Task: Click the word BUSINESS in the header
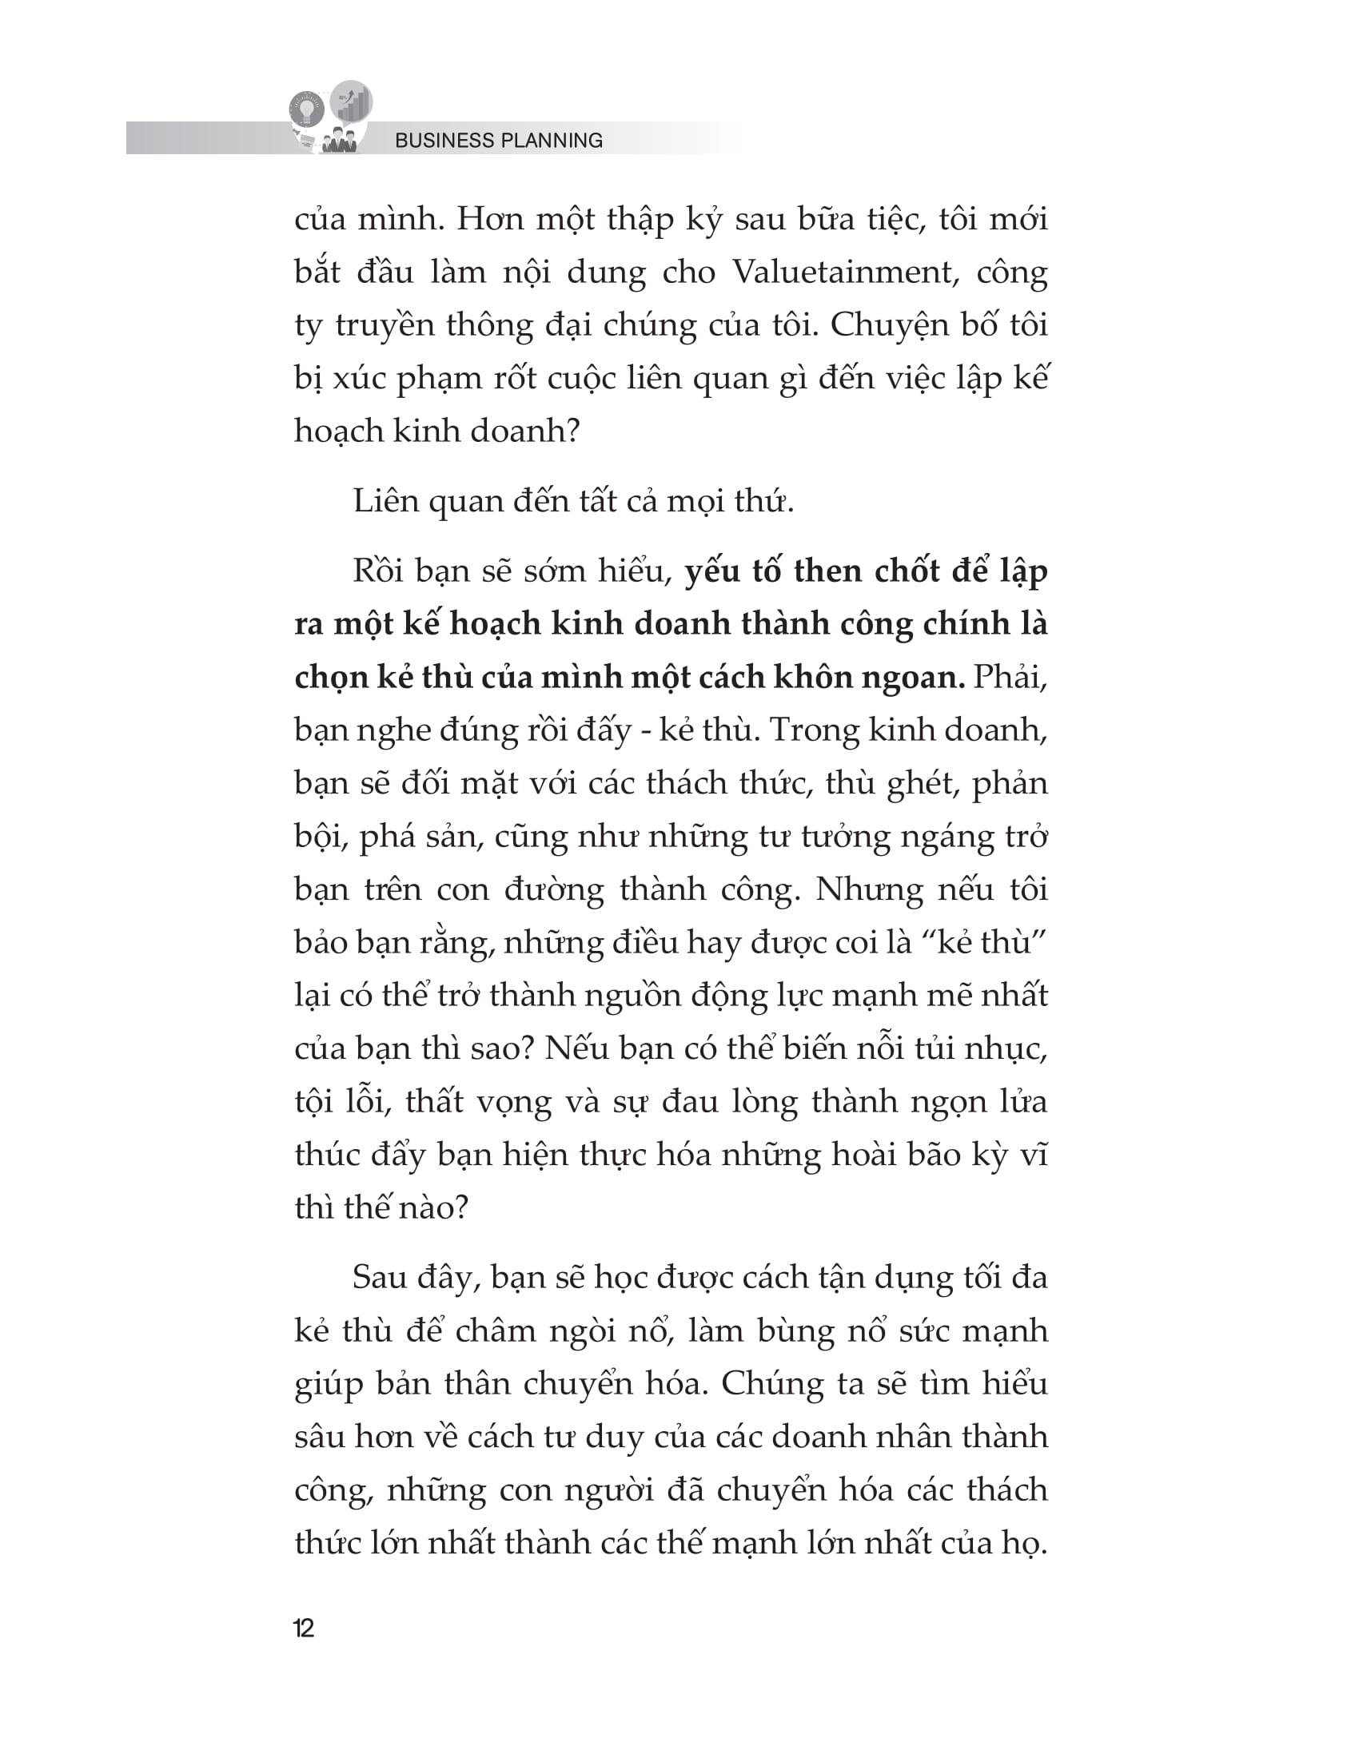click(x=444, y=140)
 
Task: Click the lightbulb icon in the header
click(x=307, y=109)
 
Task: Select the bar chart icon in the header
click(x=352, y=101)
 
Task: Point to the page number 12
click(x=304, y=1629)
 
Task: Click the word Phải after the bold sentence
click(x=1010, y=677)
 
